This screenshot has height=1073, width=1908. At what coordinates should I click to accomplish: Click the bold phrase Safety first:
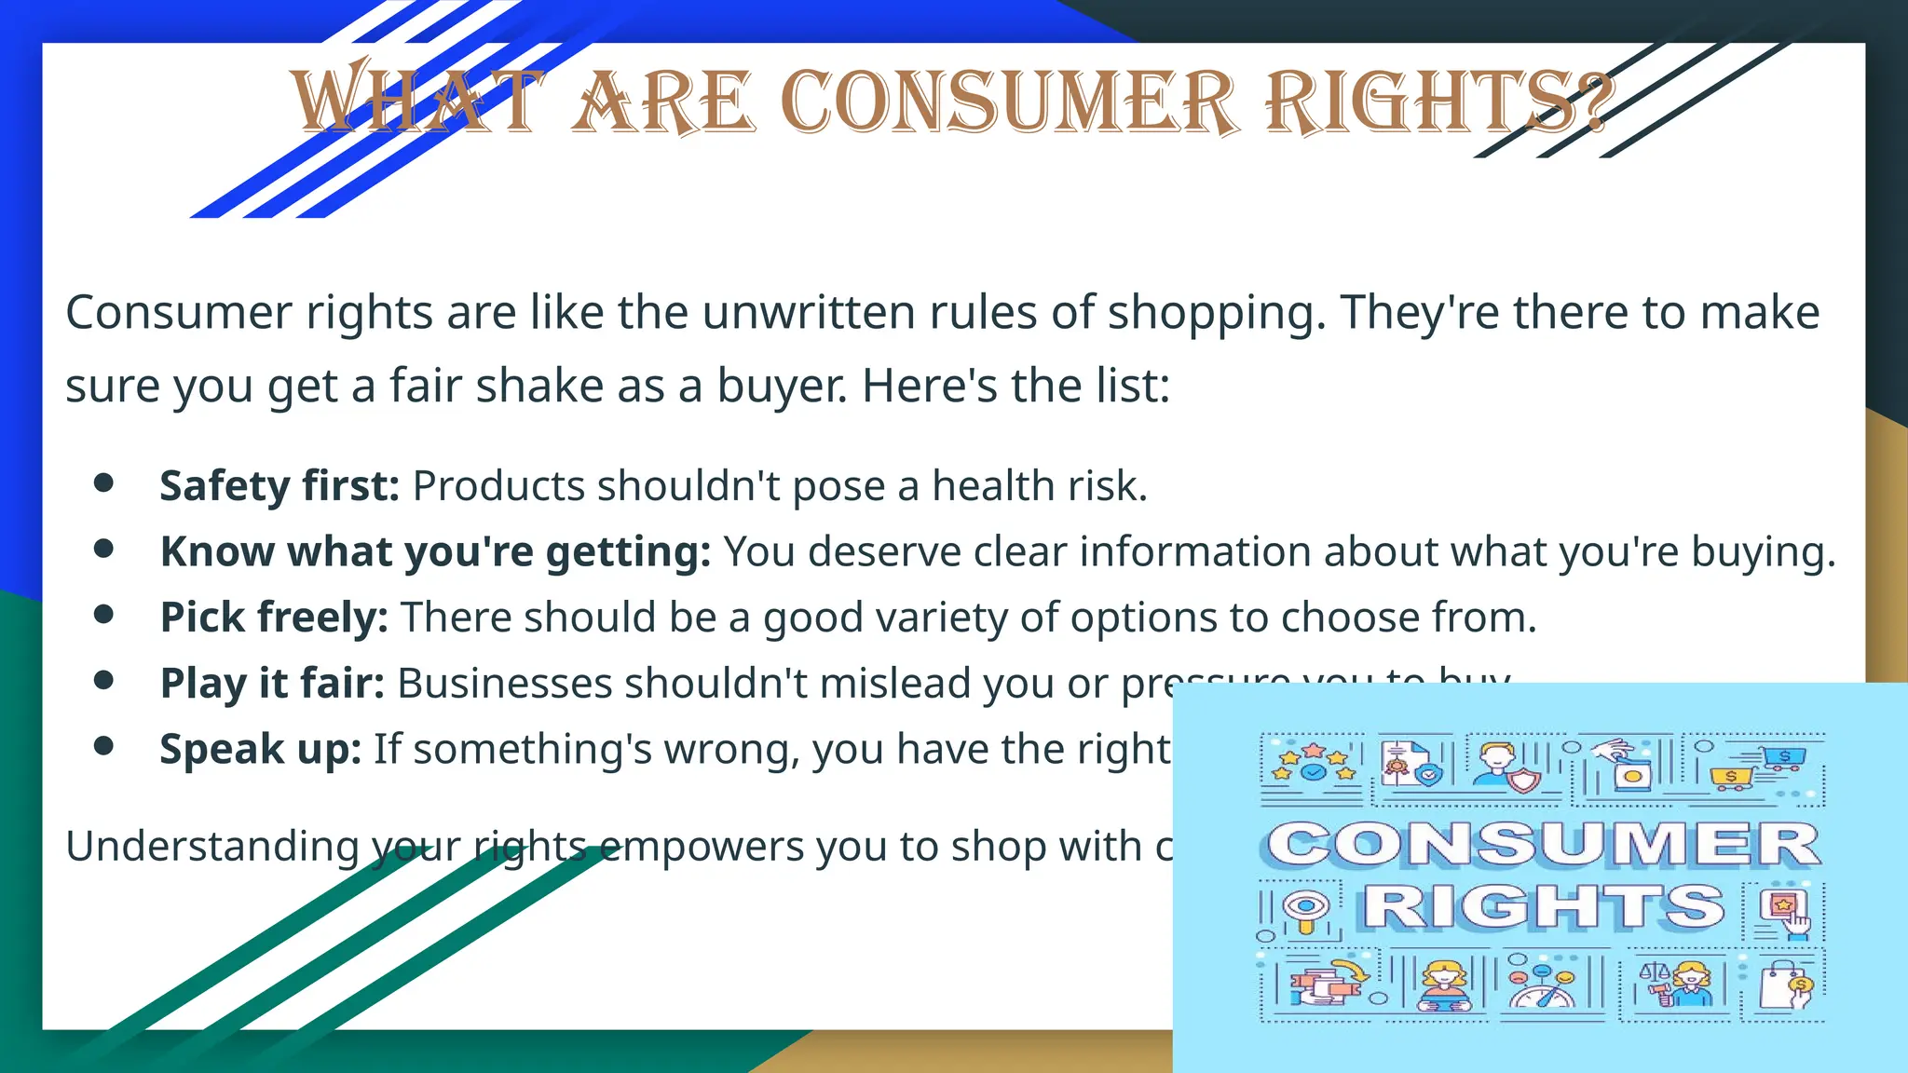[x=279, y=486]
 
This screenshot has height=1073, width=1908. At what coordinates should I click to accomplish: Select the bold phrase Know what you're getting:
[x=435, y=552]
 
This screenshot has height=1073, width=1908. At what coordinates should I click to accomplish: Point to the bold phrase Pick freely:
[x=274, y=618]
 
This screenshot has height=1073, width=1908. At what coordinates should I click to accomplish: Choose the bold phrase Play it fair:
[x=272, y=683]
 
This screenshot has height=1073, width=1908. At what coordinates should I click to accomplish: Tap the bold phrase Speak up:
[x=260, y=749]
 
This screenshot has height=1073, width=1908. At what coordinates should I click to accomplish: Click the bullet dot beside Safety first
[x=103, y=482]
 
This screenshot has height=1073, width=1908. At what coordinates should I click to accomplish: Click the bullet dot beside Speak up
[x=103, y=745]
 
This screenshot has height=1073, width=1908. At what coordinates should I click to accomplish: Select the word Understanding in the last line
[x=211, y=847]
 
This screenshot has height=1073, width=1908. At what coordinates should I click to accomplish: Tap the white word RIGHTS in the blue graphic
[x=1544, y=906]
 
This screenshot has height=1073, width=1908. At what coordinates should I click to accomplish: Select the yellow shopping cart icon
[x=1731, y=779]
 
